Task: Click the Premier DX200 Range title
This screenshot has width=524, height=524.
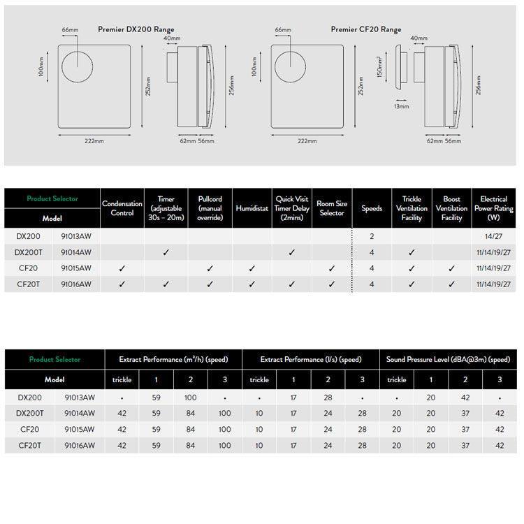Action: (136, 30)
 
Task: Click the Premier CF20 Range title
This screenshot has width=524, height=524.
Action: (365, 30)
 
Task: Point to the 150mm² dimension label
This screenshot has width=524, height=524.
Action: (380, 67)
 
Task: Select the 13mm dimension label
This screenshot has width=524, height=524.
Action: (401, 107)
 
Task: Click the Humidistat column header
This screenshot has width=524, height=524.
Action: (252, 208)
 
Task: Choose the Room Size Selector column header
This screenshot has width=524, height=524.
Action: (332, 208)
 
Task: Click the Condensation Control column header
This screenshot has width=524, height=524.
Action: (122, 208)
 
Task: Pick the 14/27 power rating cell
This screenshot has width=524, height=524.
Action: (493, 237)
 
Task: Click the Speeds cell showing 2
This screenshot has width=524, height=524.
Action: (372, 237)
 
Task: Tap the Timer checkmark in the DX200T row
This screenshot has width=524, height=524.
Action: (166, 252)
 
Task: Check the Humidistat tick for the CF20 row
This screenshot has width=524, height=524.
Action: (252, 268)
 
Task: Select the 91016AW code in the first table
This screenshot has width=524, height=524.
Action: (78, 284)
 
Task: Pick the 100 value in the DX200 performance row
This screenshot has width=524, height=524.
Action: (191, 398)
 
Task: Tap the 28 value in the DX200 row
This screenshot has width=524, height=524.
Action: (328, 398)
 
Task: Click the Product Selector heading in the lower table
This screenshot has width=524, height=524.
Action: (54, 359)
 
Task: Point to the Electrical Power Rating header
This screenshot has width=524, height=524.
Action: (493, 208)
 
